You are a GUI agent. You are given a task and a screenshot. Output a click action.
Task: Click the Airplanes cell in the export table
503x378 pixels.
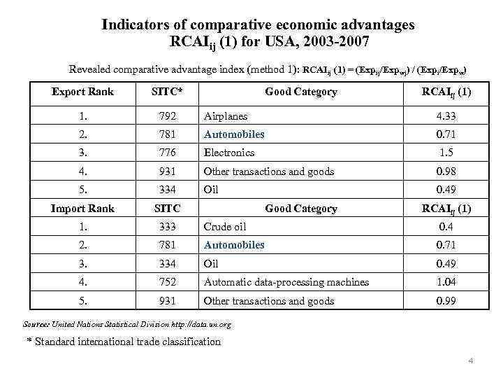(225, 115)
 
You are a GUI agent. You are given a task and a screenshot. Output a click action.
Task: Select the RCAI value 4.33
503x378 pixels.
(445, 115)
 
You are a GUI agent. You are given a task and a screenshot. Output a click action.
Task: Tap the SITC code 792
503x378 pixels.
(167, 115)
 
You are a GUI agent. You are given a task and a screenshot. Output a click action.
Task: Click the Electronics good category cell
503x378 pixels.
(228, 153)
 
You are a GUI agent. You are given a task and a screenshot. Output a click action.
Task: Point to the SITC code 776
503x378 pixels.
(167, 153)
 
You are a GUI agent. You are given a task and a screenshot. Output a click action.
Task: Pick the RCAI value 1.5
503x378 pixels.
(445, 153)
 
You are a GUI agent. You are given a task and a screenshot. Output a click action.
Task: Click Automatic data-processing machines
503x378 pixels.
(286, 282)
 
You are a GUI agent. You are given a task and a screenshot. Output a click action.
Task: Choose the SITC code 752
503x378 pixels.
(167, 282)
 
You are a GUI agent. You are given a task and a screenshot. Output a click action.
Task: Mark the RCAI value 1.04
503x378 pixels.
(445, 282)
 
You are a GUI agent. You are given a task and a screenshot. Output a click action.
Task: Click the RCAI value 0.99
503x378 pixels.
(445, 301)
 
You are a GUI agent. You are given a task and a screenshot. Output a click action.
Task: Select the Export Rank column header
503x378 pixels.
(83, 92)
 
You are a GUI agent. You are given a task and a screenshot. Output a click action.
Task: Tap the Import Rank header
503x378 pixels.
(83, 208)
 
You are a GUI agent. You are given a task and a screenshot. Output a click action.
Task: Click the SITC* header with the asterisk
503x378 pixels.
(167, 92)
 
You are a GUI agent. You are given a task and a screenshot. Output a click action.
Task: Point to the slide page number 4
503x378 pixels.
(471, 361)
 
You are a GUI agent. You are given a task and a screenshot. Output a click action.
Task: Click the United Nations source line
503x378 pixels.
(127, 325)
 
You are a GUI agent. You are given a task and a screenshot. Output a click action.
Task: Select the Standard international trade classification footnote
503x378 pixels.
(124, 342)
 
